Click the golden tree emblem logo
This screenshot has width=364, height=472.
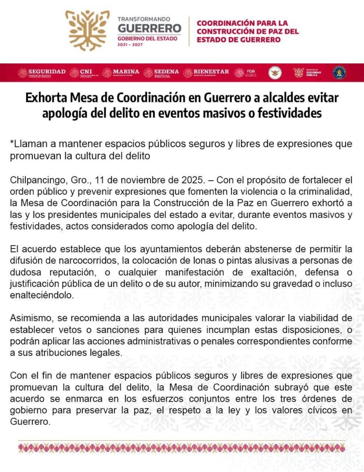click(x=87, y=30)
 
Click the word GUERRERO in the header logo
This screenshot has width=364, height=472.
click(x=150, y=29)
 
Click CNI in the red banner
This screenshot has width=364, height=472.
click(x=86, y=71)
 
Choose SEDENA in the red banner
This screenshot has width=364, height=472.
click(x=166, y=71)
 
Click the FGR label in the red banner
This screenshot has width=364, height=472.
click(x=251, y=71)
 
